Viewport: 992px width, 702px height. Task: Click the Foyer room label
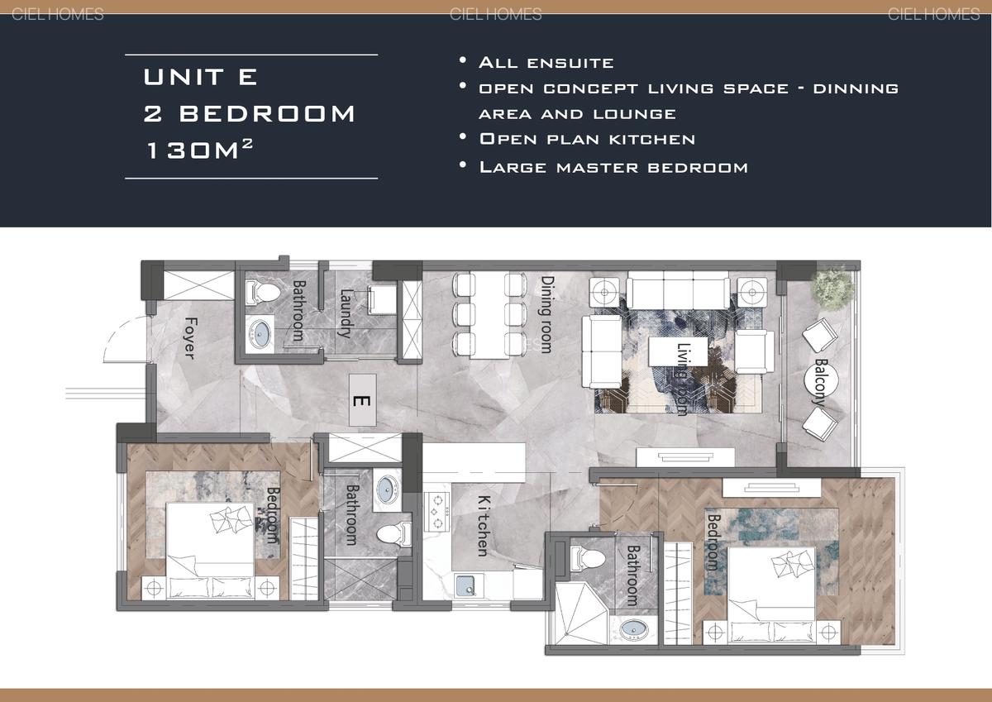click(x=190, y=337)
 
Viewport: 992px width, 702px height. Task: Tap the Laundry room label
click(x=346, y=313)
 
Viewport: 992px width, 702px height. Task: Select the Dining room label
click(x=546, y=314)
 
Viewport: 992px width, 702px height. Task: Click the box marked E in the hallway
click(x=361, y=400)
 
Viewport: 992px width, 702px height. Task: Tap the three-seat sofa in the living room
click(x=678, y=291)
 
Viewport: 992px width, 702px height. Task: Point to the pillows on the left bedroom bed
click(x=229, y=520)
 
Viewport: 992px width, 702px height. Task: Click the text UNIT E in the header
click(x=201, y=77)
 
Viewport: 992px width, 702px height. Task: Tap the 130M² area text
click(x=199, y=150)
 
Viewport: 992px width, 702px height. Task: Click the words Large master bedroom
click(x=613, y=167)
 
